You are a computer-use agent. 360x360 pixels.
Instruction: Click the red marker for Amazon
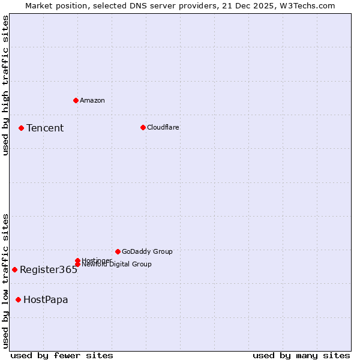pos(76,100)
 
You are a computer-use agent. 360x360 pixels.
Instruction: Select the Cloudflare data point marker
pos(143,127)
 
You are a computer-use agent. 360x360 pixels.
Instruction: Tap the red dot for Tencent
pos(21,128)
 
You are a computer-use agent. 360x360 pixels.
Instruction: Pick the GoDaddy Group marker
pos(118,251)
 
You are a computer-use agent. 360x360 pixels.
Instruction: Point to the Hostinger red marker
pos(77,260)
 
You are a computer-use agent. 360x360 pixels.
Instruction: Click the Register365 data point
pos(14,269)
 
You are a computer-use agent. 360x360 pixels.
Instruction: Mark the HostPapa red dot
pos(19,299)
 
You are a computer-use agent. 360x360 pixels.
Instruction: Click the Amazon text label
pos(92,100)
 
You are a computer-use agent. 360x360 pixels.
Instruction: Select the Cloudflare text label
pos(163,127)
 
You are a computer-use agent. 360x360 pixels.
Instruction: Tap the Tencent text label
pos(45,128)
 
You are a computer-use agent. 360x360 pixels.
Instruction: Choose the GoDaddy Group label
pos(147,251)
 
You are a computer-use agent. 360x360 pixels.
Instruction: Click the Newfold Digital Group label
pos(116,264)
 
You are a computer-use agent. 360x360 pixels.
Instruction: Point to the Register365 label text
pos(49,269)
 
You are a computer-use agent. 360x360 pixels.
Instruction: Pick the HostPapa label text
pos(46,299)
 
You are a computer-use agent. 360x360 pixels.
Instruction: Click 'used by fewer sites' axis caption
pos(62,355)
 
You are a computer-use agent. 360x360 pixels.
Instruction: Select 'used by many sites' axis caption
pos(301,355)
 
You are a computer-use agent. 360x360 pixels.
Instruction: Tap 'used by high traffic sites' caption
pos(5,85)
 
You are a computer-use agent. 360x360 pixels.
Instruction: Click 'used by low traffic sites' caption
pos(5,280)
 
